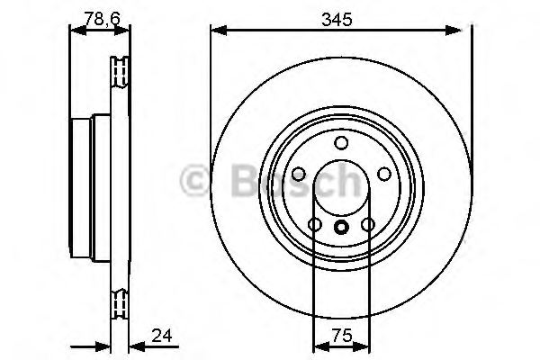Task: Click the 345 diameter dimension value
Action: click(340, 16)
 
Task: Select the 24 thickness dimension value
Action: click(161, 337)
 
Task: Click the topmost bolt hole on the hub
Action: click(340, 143)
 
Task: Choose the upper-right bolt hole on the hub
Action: click(383, 174)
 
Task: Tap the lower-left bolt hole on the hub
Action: click(314, 224)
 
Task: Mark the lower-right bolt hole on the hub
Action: click(367, 224)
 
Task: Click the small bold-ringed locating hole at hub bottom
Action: click(340, 228)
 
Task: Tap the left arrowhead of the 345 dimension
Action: click(216, 32)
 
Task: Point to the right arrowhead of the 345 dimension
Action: click(465, 32)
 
